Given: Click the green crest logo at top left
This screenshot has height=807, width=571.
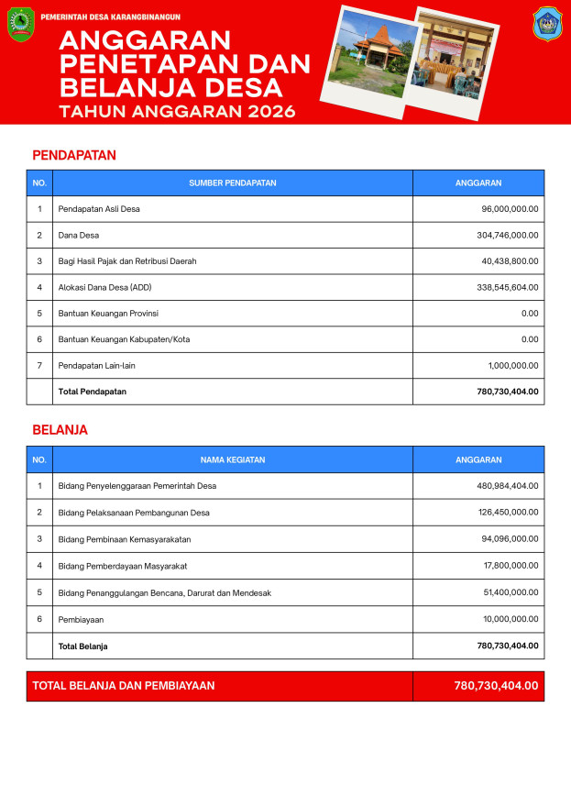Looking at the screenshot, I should pyautogui.click(x=20, y=24).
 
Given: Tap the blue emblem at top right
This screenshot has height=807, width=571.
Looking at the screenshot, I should pyautogui.click(x=547, y=24).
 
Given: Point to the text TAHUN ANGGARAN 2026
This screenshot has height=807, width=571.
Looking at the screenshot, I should pyautogui.click(x=177, y=112).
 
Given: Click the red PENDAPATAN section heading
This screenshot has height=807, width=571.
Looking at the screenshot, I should pyautogui.click(x=74, y=155).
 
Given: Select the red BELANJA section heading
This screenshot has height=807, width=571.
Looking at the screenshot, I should pyautogui.click(x=60, y=429).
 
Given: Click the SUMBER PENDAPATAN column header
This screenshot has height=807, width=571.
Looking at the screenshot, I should pyautogui.click(x=233, y=183).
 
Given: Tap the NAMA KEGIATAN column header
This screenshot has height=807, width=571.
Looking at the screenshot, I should pyautogui.click(x=233, y=459).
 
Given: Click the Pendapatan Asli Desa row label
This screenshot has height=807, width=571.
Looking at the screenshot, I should pyautogui.click(x=99, y=209).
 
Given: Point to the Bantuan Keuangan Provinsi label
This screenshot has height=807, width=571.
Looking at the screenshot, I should pyautogui.click(x=108, y=314).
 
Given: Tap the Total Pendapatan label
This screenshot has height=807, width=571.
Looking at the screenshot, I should pyautogui.click(x=93, y=392).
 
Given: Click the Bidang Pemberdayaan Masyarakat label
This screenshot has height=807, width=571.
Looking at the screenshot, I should pyautogui.click(x=123, y=566).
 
